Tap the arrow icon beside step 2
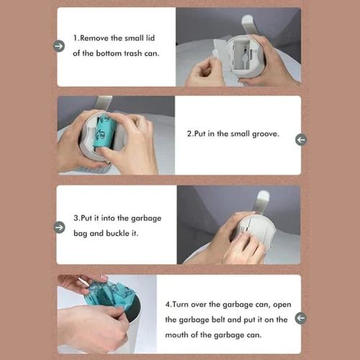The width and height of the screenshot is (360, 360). [x=300, y=139]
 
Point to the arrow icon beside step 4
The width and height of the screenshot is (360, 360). [x=300, y=318]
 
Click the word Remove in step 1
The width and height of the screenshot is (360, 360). [x=96, y=37]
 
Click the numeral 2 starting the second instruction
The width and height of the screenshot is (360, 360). [x=189, y=133]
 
